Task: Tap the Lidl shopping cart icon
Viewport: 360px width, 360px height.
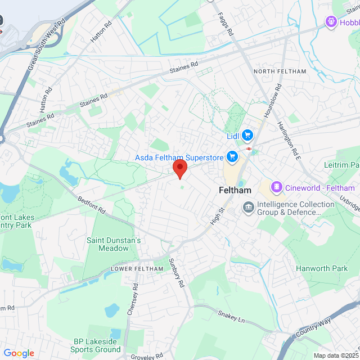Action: point(248,136)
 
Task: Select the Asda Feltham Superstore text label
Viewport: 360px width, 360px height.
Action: point(179,157)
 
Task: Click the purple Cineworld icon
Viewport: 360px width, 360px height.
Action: point(276,187)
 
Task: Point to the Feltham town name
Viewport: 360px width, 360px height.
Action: point(235,191)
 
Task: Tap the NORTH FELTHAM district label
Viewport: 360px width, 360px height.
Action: point(280,71)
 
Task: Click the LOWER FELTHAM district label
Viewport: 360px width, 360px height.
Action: point(137,268)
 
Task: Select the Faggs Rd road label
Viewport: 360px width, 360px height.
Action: point(226,24)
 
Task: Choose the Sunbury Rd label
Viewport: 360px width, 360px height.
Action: point(177,273)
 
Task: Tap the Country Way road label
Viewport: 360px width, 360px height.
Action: point(313,328)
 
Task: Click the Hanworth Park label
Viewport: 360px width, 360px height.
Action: point(322,268)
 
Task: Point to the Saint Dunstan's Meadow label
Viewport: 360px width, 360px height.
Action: point(114,244)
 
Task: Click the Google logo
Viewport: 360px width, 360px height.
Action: point(19,353)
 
